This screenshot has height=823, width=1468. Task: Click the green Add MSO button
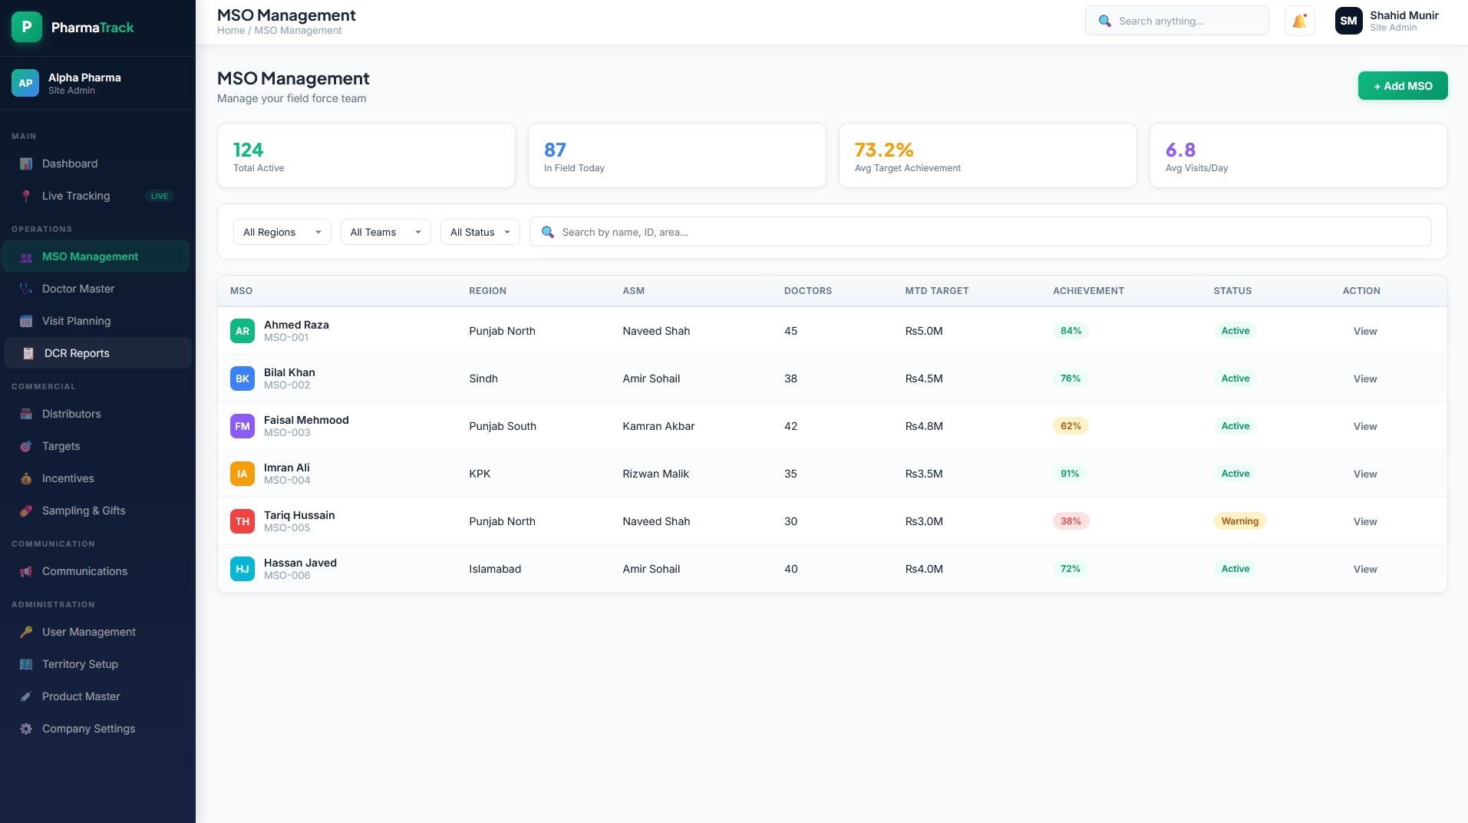1403,86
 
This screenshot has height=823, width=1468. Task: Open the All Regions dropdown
282,232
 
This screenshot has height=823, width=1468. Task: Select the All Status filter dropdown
480,232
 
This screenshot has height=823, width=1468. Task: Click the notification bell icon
1299,21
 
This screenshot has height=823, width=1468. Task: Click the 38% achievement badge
1070,521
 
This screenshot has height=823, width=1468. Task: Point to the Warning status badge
1239,521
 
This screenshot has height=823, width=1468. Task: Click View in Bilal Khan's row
1365,378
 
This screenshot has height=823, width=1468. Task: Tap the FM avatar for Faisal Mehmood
242,426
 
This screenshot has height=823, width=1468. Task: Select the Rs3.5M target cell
924,474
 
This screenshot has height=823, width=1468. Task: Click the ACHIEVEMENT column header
1088,291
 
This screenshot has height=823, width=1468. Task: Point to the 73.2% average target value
884,150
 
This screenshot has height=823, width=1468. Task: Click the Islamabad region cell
495,569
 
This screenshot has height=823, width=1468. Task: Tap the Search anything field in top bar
1177,21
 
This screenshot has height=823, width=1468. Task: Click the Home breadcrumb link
231,31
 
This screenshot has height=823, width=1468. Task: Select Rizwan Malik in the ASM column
655,474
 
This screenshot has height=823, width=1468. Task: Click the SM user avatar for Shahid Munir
1348,21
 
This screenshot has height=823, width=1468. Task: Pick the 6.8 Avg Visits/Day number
1180,150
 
